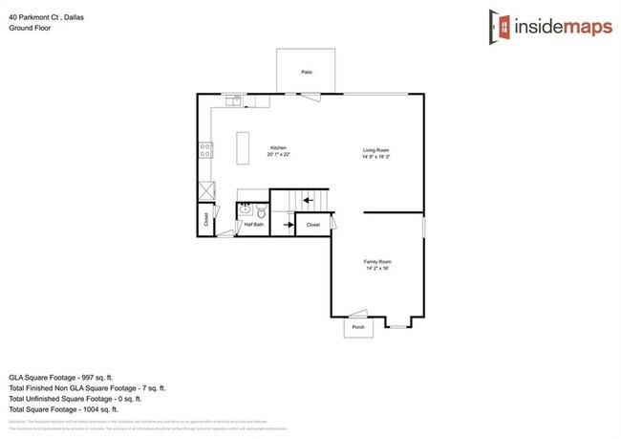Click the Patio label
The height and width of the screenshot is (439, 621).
[307, 72]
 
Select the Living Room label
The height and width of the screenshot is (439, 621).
[375, 151]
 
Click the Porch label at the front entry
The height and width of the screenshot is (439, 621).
[358, 327]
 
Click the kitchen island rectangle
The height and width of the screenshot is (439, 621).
[242, 150]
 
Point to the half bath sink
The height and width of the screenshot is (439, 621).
[244, 209]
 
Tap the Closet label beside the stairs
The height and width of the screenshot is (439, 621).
[312, 225]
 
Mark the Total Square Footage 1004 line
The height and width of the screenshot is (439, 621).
[76, 408]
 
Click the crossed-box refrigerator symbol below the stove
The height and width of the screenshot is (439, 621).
[205, 189]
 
